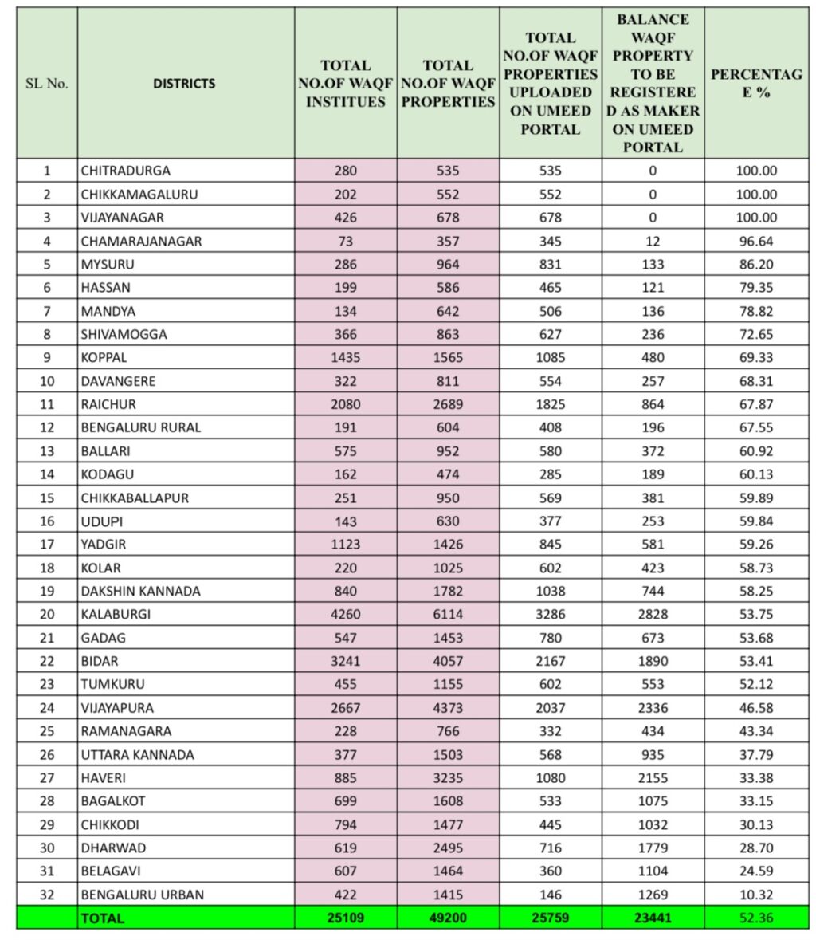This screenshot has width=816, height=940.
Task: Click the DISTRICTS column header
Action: click(x=184, y=84)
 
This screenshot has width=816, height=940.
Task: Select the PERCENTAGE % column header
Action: click(x=755, y=84)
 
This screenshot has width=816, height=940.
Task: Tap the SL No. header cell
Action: click(x=47, y=84)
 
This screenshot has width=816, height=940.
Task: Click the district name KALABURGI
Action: click(x=116, y=614)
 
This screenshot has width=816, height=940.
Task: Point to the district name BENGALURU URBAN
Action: click(x=142, y=895)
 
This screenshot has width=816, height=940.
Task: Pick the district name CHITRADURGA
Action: click(x=125, y=171)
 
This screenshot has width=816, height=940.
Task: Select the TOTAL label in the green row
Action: click(x=103, y=918)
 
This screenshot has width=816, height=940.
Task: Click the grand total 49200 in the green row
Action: click(x=448, y=918)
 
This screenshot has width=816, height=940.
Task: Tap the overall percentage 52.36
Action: click(x=755, y=918)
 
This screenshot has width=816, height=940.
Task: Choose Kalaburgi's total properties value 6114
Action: click(x=448, y=614)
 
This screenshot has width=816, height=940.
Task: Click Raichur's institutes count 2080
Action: click(x=345, y=404)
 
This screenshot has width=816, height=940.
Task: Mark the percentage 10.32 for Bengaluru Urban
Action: click(x=755, y=895)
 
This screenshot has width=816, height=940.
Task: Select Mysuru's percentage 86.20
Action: click(x=755, y=264)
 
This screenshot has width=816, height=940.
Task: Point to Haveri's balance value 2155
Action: click(x=653, y=777)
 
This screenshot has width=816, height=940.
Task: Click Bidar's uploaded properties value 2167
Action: click(x=550, y=661)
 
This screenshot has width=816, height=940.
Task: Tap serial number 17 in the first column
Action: click(x=47, y=545)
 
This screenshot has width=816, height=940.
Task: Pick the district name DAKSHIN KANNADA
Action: click(x=140, y=591)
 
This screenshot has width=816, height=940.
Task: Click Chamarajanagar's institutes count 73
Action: click(x=345, y=241)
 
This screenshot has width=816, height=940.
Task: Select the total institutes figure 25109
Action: click(x=345, y=918)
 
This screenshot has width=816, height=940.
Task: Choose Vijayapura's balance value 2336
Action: click(x=653, y=708)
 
